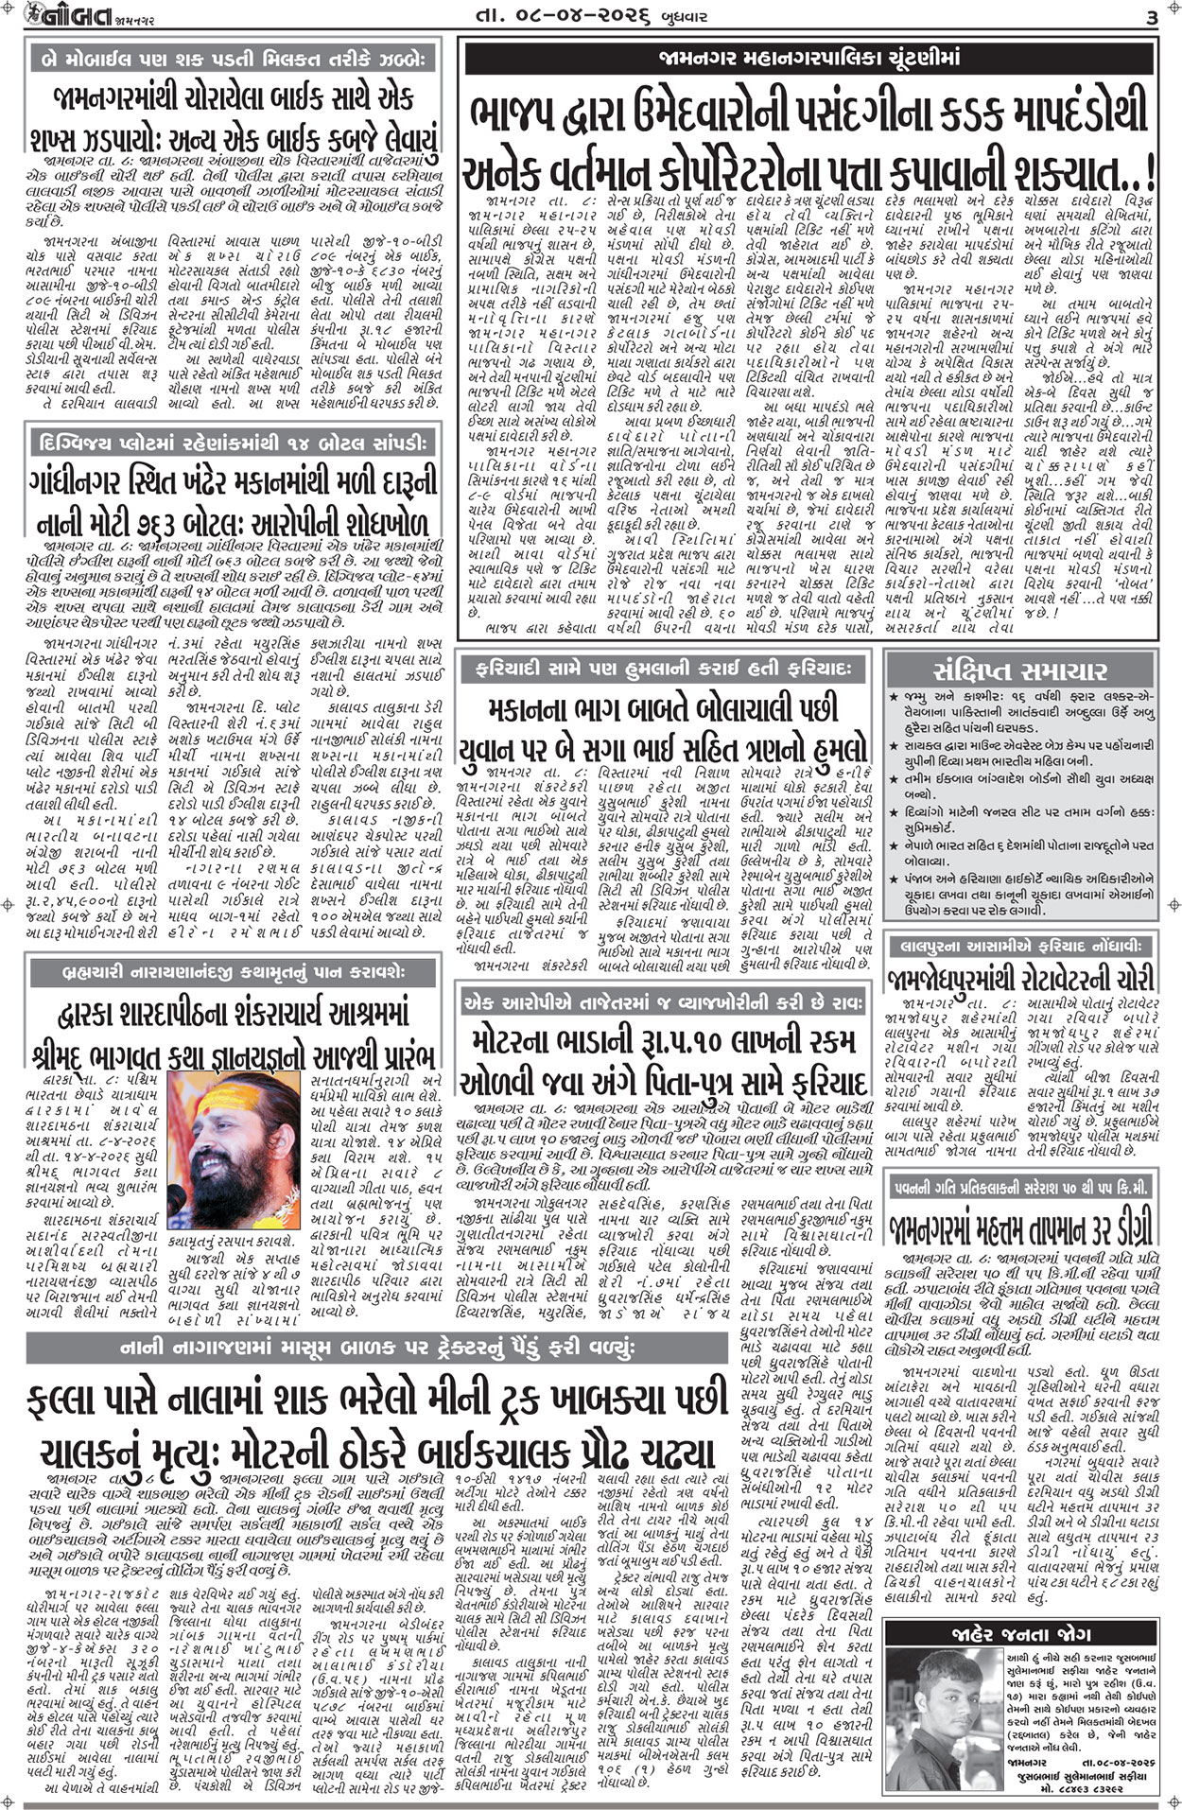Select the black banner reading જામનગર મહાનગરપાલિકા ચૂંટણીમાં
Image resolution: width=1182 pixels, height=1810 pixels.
click(809, 59)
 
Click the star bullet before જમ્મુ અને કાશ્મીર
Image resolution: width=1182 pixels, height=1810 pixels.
click(894, 697)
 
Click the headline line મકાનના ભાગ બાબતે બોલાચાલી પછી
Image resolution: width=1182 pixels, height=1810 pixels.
click(663, 707)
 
